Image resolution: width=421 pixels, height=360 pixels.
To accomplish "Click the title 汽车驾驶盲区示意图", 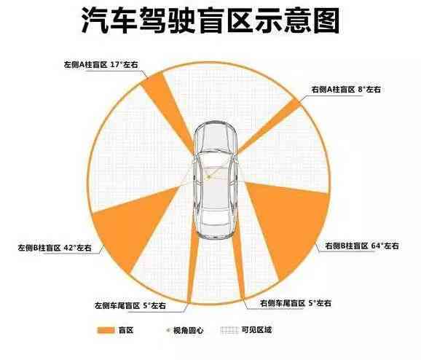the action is pyautogui.click(x=210, y=20).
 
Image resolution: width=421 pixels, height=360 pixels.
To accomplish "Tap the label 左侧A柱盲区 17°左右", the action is pyautogui.click(x=101, y=64).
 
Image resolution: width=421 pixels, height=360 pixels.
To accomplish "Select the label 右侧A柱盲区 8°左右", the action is pyautogui.click(x=346, y=90).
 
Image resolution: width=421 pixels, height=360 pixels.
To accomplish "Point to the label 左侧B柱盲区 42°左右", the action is pyautogui.click(x=55, y=248).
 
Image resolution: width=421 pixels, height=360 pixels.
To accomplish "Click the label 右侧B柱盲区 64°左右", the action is pyautogui.click(x=362, y=246).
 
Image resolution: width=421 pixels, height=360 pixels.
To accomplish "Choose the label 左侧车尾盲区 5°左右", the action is pyautogui.click(x=130, y=306).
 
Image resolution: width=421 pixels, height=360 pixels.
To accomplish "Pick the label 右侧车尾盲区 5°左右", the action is pyautogui.click(x=295, y=303).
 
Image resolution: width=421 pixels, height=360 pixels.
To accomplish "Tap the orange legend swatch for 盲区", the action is pyautogui.click(x=106, y=330).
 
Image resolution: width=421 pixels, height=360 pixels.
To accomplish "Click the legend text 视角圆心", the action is pyautogui.click(x=188, y=330).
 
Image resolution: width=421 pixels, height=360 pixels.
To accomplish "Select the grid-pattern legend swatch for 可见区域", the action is pyautogui.click(x=229, y=330).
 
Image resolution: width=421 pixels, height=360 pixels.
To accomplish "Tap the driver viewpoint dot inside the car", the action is pyautogui.click(x=208, y=177).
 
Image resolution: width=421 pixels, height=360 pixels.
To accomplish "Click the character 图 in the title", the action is pyautogui.click(x=326, y=20).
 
